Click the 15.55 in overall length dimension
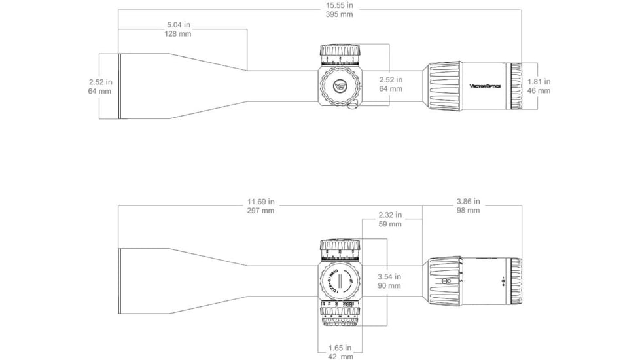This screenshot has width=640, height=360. click(336, 5)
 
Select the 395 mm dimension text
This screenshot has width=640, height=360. click(336, 14)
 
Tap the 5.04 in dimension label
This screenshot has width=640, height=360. click(178, 25)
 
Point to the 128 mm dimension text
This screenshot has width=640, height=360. click(178, 34)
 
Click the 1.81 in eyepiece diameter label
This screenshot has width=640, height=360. click(539, 82)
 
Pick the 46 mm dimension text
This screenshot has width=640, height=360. click(539, 91)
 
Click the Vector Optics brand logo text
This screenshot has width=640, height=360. click(485, 86)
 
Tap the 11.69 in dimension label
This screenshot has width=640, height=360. click(261, 202)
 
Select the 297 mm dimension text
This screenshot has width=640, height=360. click(261, 211)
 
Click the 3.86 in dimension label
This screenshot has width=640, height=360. click(468, 202)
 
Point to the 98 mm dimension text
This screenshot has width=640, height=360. click(468, 211)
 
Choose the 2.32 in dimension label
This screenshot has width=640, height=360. click(390, 215)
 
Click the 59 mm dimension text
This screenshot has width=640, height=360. click(390, 225)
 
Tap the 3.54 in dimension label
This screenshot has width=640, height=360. click(390, 276)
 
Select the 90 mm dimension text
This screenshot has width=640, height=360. click(390, 286)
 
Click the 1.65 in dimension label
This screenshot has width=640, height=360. click(340, 348)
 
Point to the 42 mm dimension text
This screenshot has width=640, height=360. click(340, 357)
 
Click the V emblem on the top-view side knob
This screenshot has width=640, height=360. click(340, 86)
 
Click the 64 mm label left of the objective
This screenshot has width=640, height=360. click(99, 91)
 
